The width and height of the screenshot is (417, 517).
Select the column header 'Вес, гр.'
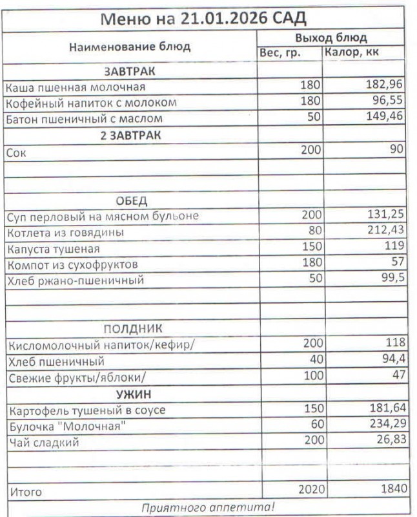tap(280, 53)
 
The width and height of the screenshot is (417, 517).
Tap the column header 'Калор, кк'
tap(352, 52)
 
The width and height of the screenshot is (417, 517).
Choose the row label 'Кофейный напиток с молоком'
tap(91, 103)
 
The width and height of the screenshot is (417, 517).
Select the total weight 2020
tap(307, 491)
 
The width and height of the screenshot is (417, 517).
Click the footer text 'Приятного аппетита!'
tap(208, 507)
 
